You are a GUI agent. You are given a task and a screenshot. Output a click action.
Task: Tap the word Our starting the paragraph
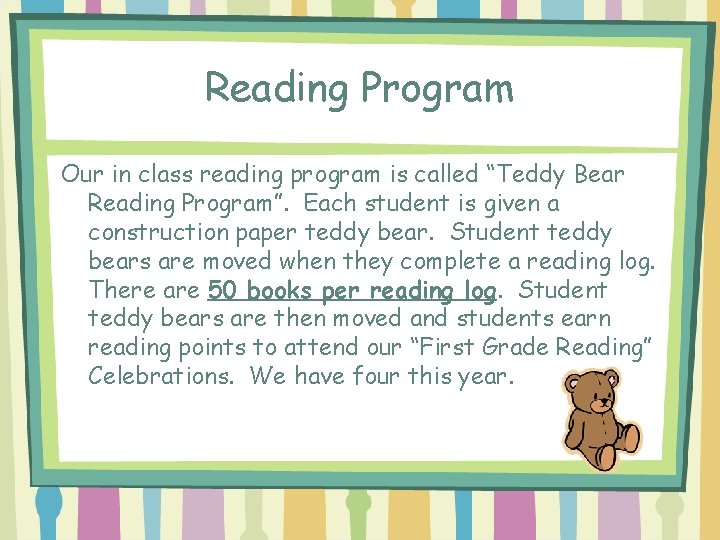click(x=80, y=174)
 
